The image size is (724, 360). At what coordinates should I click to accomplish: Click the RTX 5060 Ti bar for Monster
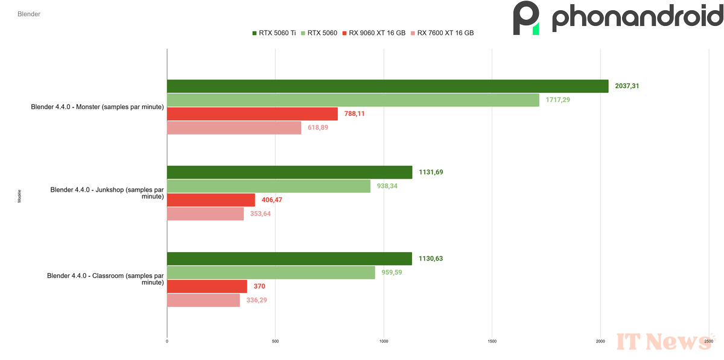tap(387, 86)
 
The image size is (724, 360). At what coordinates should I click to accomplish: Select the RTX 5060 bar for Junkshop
tap(268, 186)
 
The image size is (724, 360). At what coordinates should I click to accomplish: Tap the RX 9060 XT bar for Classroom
tap(207, 286)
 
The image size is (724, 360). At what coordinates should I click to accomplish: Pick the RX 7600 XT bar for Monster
tap(234, 128)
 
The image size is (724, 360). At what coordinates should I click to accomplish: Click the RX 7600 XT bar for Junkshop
tap(205, 213)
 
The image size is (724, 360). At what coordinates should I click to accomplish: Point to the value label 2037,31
tap(627, 86)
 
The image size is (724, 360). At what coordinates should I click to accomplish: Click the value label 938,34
tap(387, 186)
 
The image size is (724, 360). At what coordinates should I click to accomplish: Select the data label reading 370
tap(259, 286)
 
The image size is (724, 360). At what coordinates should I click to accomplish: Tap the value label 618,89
tap(318, 128)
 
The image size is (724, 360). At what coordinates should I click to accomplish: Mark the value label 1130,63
tap(431, 259)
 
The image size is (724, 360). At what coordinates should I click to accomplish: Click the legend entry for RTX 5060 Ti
tap(274, 33)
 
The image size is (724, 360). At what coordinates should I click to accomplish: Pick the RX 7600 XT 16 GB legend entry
tap(442, 33)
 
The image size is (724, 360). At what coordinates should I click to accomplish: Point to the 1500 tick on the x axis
tap(492, 341)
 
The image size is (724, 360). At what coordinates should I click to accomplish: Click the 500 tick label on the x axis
tap(275, 341)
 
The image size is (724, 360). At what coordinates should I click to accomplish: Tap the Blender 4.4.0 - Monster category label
tap(98, 107)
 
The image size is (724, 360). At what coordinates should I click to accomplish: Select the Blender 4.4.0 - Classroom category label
tap(105, 279)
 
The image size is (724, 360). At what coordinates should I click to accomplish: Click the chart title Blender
tap(29, 14)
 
